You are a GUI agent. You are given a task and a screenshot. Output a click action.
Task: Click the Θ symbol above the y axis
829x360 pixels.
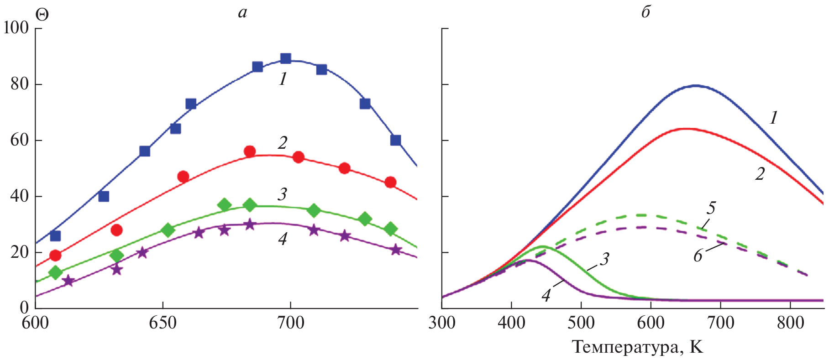click(x=42, y=15)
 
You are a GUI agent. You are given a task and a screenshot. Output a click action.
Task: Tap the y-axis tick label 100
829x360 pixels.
click(x=16, y=28)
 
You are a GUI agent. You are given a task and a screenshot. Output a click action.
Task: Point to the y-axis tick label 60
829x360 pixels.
click(x=20, y=140)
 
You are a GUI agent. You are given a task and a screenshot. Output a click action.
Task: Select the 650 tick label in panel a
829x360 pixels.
click(x=163, y=323)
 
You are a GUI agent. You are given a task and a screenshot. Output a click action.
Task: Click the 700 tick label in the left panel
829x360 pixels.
click(x=291, y=323)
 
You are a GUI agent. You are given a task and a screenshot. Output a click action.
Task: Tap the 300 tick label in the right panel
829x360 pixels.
click(x=442, y=323)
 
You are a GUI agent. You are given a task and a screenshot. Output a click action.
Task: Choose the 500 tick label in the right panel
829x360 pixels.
click(x=581, y=323)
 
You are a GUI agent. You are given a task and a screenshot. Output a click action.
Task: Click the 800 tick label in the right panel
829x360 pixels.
click(x=790, y=323)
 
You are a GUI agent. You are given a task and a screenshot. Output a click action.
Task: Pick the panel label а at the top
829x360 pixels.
click(x=242, y=13)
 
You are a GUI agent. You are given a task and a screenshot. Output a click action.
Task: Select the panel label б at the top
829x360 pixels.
click(x=645, y=12)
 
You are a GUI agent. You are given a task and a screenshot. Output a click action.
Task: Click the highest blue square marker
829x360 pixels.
click(x=286, y=58)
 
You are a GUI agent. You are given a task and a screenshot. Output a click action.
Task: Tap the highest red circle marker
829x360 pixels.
click(x=250, y=151)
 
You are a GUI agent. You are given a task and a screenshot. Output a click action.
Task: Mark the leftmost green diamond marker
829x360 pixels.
click(x=55, y=273)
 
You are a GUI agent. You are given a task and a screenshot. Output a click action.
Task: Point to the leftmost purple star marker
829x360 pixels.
click(x=68, y=281)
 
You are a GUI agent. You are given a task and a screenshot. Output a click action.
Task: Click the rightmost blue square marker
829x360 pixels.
click(x=396, y=140)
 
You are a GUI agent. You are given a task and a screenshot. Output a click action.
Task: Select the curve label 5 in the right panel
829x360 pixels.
click(x=711, y=208)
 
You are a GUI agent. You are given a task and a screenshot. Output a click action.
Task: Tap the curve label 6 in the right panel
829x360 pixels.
click(x=698, y=256)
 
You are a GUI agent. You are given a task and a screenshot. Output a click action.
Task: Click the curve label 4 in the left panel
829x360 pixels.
click(x=283, y=239)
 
